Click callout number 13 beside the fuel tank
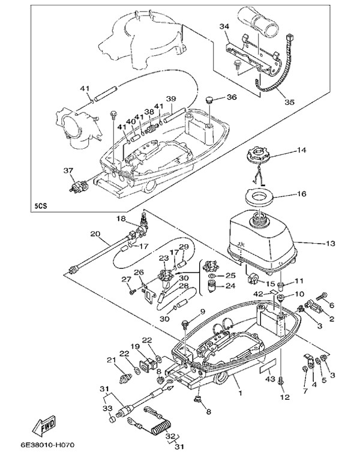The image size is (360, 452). click(x=329, y=244)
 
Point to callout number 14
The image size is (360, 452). click(x=301, y=149)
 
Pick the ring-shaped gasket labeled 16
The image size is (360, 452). click(x=261, y=196)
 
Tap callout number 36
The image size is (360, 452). click(x=232, y=97)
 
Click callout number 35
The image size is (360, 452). click(x=289, y=102)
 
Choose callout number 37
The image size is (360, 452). click(x=68, y=170)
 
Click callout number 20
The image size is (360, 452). click(x=95, y=234)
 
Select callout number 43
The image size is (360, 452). click(x=270, y=379)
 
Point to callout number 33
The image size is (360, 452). click(x=109, y=408)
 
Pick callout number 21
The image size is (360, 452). click(x=110, y=360)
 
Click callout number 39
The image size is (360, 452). click(x=171, y=98)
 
